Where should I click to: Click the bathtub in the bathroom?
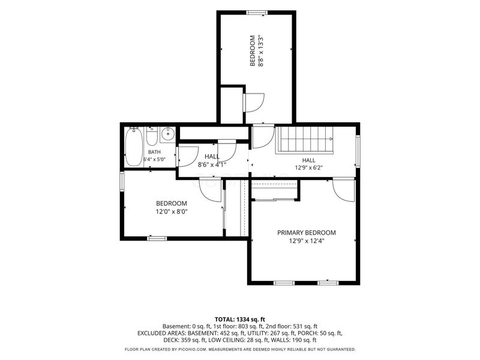(134, 146)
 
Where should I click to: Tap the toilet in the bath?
(152, 136)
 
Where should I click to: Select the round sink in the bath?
(167, 134)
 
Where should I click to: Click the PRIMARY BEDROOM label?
(307, 233)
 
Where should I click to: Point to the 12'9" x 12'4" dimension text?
(307, 241)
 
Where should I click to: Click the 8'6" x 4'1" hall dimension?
(212, 164)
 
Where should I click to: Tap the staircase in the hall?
(305, 140)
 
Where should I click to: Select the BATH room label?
(154, 152)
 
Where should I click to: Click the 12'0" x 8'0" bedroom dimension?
(172, 211)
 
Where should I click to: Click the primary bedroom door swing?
(344, 190)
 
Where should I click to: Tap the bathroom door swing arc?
(187, 157)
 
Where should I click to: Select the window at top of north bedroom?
(257, 13)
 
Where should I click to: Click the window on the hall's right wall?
(358, 151)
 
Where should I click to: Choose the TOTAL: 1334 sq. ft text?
(239, 320)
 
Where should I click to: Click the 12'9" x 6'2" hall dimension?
(308, 168)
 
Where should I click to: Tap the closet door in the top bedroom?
(254, 103)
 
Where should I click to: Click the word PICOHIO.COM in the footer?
(193, 349)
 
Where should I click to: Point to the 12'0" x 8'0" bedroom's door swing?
(211, 190)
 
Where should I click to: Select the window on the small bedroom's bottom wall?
(157, 238)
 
